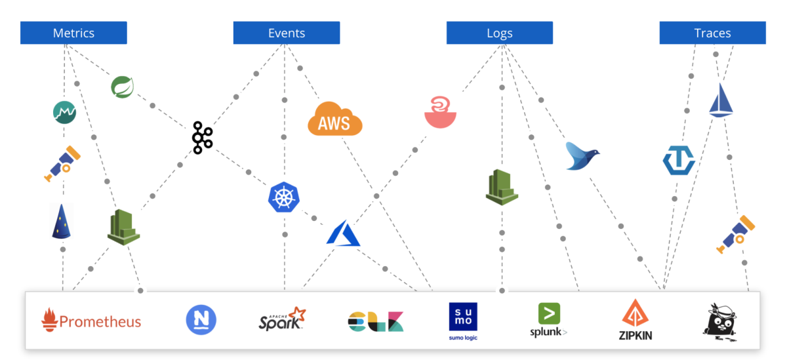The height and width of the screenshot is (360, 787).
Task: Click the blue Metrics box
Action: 73,33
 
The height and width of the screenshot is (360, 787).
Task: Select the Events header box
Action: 287,33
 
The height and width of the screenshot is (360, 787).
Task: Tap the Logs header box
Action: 500,33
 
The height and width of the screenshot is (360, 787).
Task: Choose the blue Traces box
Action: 712,33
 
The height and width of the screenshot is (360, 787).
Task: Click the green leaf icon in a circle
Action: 123,87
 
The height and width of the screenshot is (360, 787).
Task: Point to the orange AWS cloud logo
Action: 334,119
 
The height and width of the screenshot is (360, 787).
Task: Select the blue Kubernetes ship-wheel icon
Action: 284,197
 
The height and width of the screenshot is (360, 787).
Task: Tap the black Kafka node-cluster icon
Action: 202,138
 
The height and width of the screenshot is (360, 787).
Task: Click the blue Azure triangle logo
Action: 343,233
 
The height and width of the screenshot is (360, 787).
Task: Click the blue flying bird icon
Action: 582,156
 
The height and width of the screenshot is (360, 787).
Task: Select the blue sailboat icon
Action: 721,100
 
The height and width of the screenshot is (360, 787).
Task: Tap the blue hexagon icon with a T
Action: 679,160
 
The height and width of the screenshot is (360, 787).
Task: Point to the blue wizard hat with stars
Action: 61,221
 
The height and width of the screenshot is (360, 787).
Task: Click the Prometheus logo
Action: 92,320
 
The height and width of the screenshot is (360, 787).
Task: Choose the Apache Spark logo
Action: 282,319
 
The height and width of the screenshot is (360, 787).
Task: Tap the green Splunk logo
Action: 548,320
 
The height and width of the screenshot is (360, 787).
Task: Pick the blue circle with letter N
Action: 201,320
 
